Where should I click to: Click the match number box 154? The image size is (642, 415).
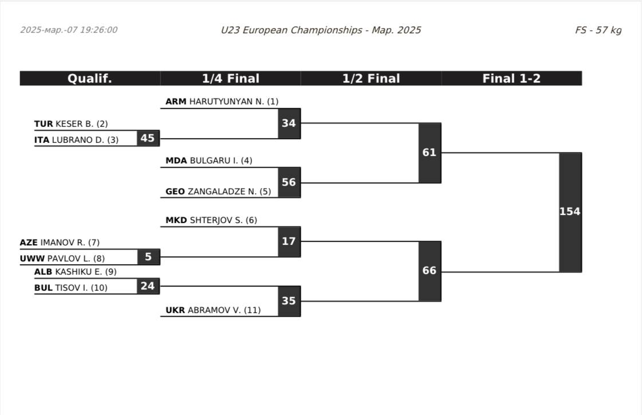[x=570, y=212]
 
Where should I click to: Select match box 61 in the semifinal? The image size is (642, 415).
[x=430, y=152]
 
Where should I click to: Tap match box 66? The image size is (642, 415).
[x=430, y=271]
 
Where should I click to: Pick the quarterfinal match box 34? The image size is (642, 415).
[x=289, y=123]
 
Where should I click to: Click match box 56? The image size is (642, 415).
[x=289, y=182]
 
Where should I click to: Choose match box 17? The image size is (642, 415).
[x=289, y=241]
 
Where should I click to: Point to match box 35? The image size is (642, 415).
[x=289, y=301]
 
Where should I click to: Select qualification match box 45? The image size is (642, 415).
[x=148, y=138]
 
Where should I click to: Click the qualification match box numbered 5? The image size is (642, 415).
[x=148, y=257]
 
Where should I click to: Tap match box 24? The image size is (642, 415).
[x=148, y=285]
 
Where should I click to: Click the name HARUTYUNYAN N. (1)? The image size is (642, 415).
[x=234, y=101]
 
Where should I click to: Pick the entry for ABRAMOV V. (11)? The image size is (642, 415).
[x=224, y=310]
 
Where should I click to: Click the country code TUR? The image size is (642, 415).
[x=44, y=124]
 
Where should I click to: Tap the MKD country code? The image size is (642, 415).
[x=176, y=220]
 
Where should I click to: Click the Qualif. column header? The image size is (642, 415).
[x=90, y=79]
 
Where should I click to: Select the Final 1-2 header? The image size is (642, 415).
[x=511, y=79]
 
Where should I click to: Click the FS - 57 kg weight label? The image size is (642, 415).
[x=598, y=30]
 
